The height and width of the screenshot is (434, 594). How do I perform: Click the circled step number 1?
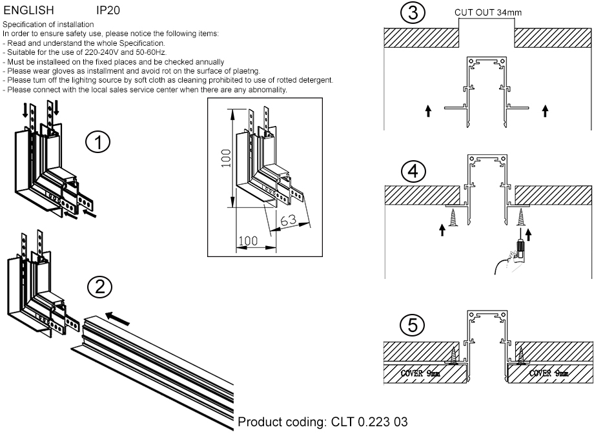pos(99,143)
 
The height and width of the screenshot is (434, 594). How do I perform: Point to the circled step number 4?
pos(412,172)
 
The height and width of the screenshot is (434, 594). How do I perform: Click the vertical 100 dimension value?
pos(225,157)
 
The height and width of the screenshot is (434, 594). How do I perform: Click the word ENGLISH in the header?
pos(28,11)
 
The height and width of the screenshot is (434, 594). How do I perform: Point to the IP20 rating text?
pos(108,11)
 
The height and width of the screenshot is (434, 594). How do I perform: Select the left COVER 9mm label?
pos(421,373)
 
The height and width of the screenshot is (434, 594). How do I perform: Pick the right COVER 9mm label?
pos(548,373)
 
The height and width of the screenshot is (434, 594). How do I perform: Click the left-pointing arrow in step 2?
pos(118,317)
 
